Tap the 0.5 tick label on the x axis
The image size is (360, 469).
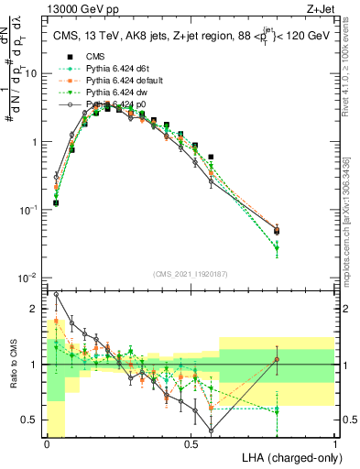click(191, 443)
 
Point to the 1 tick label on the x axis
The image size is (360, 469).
click(335, 443)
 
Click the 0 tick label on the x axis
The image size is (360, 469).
click(47, 443)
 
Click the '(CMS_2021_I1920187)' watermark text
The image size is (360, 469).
click(191, 275)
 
